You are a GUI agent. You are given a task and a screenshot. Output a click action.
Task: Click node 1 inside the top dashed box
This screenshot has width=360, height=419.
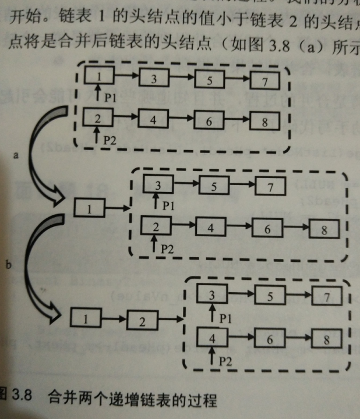click(x=99, y=76)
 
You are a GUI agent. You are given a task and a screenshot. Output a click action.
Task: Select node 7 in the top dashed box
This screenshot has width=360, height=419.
click(x=265, y=80)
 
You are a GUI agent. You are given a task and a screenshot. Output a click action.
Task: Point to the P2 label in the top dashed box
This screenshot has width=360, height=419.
click(x=109, y=140)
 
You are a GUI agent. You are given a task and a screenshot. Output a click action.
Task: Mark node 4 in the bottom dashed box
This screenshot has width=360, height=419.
click(x=212, y=337)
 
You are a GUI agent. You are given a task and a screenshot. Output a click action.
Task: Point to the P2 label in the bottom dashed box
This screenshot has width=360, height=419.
click(x=225, y=361)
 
